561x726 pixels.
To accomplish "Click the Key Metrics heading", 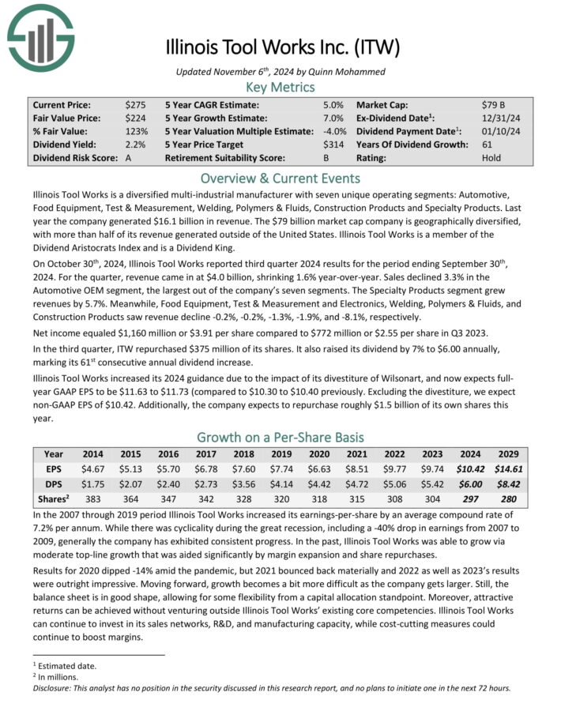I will click(280, 87).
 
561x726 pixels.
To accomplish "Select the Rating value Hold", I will click(491, 158).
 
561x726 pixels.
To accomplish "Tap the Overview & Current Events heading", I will click(280, 178).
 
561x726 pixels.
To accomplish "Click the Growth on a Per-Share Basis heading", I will click(280, 437).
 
